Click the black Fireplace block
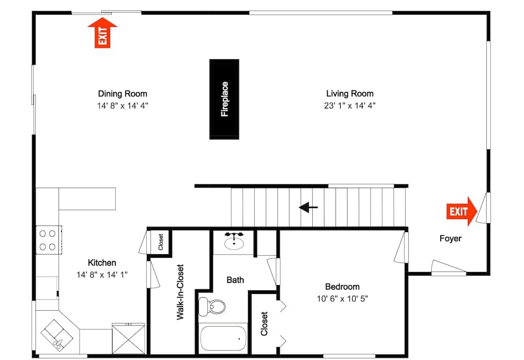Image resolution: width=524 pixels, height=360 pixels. (x=224, y=99)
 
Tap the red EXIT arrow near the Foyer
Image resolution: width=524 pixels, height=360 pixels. (x=462, y=211)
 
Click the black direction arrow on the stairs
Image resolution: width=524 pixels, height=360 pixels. (x=309, y=208)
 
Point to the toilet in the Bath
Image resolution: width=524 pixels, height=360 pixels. (x=213, y=306)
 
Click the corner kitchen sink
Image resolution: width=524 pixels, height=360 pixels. (x=55, y=335)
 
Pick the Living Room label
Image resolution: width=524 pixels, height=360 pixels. (x=350, y=94)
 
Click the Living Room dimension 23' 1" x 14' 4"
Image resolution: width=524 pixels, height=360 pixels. (x=350, y=105)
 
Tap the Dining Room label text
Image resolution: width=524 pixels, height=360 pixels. (x=123, y=94)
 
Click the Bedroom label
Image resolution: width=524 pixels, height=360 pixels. (x=342, y=287)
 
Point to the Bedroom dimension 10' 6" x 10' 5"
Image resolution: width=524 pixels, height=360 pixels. (x=342, y=299)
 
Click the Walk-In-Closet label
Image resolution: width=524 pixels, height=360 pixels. (x=180, y=292)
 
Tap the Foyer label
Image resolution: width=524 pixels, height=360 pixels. (x=450, y=238)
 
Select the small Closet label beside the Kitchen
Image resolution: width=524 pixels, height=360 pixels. (x=161, y=242)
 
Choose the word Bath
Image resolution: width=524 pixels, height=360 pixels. (x=235, y=280)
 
